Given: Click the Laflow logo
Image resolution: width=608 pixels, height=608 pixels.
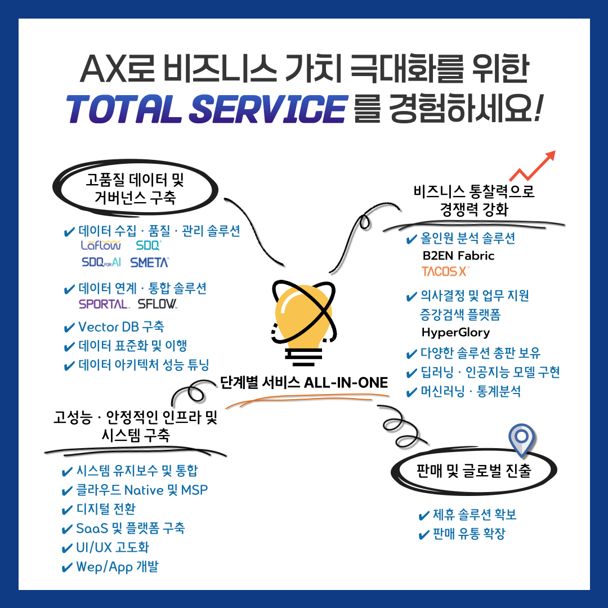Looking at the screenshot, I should point(101,246).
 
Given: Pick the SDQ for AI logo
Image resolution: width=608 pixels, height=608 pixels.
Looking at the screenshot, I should point(101,262).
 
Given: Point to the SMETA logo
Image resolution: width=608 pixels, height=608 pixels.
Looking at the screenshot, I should point(150,262).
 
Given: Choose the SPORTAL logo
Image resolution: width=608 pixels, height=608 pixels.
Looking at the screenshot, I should point(104,305).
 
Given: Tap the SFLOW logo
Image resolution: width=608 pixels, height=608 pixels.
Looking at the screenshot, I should point(158,305).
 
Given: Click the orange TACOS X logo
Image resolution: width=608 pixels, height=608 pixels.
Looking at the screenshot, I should point(445,272).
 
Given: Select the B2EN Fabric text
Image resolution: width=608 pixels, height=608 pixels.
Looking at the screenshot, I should point(458,256).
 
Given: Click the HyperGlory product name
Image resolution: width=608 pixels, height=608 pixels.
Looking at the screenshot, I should point(455,332).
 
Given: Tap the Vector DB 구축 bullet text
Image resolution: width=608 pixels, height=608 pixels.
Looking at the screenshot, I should point(121,327).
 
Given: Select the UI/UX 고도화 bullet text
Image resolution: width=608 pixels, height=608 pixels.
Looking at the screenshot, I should point(113,547).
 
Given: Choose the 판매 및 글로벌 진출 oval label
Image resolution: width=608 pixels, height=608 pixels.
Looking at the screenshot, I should point(473,471).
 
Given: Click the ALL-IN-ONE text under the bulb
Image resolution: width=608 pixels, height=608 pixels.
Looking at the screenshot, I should point(346,383).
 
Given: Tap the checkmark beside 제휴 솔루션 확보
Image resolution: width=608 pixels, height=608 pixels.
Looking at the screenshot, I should point(424,515).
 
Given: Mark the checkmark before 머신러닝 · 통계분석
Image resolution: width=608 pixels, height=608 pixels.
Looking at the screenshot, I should point(412,392).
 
